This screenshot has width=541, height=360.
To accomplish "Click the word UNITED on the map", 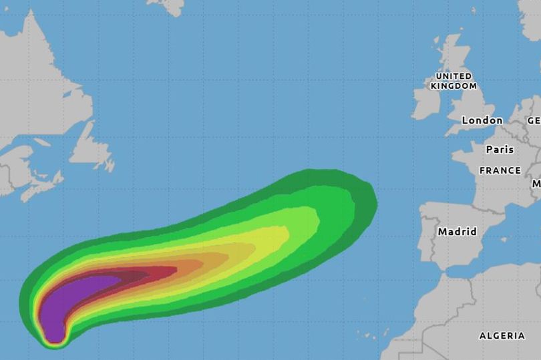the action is pos(454,77).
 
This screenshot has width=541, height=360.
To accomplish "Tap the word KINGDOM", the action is pos(454,86).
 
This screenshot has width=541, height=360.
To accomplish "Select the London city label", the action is pos(482,120).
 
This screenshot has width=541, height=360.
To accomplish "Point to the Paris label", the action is pos(500,150).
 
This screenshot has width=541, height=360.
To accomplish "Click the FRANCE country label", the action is pos(500,171).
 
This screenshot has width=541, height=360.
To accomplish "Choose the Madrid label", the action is pos(458,232).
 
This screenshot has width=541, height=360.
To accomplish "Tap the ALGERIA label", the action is pos(502,335).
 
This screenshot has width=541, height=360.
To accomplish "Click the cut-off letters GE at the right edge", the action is pos(534,121).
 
